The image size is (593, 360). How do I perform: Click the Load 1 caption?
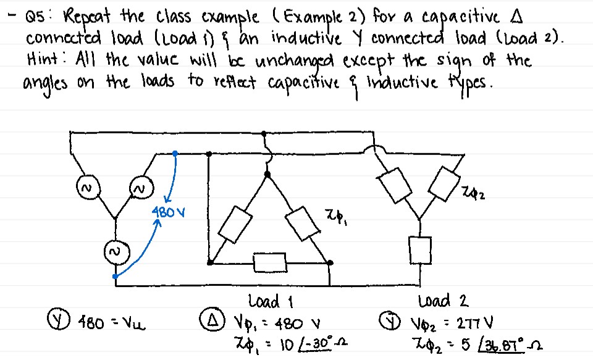tap(270, 302)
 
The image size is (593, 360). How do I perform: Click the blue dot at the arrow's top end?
tap(175, 153)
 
